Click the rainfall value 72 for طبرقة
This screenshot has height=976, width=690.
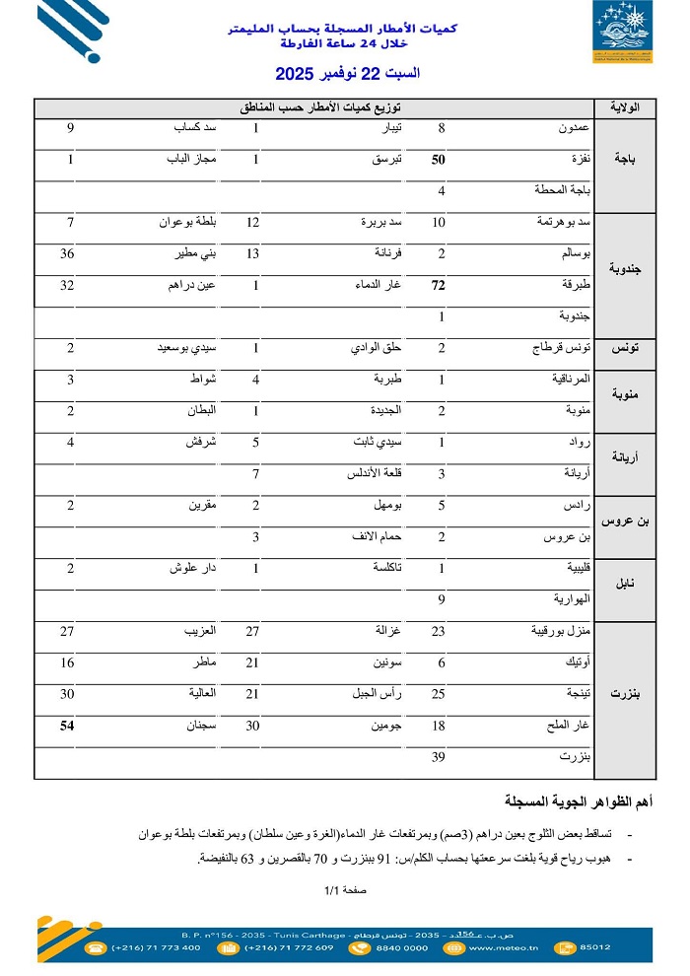440,286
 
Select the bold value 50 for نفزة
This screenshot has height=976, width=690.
440,160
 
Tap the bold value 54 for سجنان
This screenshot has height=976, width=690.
69,727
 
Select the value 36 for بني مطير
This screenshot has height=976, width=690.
69,254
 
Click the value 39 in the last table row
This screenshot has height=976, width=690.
441,757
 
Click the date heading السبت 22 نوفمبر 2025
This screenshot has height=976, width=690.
347,74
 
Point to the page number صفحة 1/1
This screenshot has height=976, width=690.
346,890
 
